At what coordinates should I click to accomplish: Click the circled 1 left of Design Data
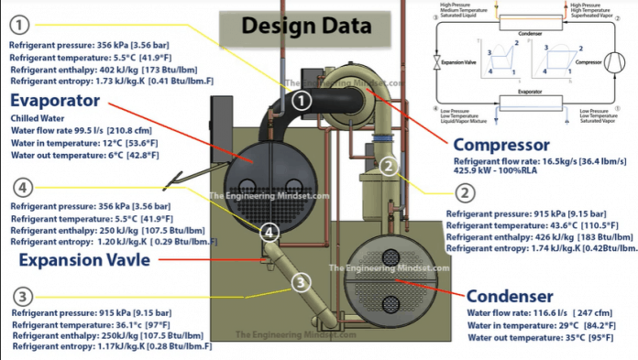pos(21,23)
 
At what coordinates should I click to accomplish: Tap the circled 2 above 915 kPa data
pos(465,193)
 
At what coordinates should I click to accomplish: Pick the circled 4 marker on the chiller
pos(269,233)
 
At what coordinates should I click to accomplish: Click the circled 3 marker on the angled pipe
pos(302,282)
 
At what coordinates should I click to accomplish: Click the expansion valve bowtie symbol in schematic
pos(434,65)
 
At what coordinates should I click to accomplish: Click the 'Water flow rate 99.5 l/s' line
pos(74,130)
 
